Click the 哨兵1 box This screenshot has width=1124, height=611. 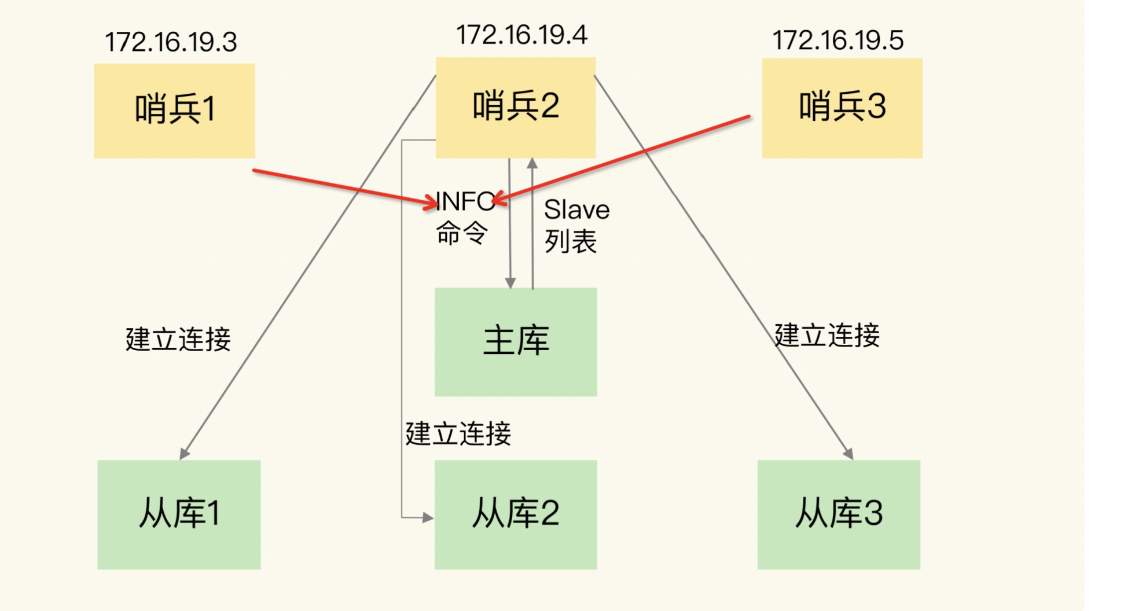click(x=174, y=111)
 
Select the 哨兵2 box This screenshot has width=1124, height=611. click(x=515, y=107)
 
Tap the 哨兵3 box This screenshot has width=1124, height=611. click(x=842, y=108)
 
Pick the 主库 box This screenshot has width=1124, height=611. click(x=515, y=341)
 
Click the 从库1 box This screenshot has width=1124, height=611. click(x=179, y=514)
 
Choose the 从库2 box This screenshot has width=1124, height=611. click(x=515, y=514)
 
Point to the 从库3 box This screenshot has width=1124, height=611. click(x=838, y=514)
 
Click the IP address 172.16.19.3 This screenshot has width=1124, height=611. click(x=171, y=42)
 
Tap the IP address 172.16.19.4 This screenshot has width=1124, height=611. click(x=521, y=35)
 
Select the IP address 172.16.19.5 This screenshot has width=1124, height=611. click(x=838, y=41)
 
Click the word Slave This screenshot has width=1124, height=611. click(x=576, y=210)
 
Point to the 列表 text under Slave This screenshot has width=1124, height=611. click(x=570, y=241)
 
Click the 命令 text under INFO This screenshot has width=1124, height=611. click(x=461, y=234)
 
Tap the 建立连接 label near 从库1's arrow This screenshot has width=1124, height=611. click(x=178, y=339)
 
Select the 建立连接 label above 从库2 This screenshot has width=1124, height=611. click(x=458, y=434)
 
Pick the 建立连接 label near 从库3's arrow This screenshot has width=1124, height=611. click(x=827, y=336)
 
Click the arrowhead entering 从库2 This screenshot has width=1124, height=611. click(x=428, y=518)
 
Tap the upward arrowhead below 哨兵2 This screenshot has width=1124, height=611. click(x=532, y=164)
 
